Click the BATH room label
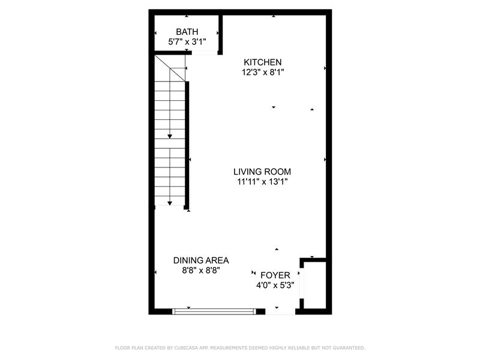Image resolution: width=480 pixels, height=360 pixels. [x=187, y=32]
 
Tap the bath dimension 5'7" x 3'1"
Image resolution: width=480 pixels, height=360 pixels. [x=187, y=42]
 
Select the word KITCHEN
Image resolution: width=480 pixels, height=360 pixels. [x=263, y=62]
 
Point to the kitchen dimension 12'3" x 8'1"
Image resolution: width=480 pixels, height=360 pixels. [x=263, y=73]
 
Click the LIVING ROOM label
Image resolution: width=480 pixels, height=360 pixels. [x=262, y=172]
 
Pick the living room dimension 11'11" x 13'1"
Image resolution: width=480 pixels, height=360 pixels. [x=262, y=182]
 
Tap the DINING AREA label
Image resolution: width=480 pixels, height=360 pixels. [x=201, y=260]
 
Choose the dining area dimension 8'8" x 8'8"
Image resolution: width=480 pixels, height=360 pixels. [x=201, y=271]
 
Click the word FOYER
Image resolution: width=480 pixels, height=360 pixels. [x=275, y=275]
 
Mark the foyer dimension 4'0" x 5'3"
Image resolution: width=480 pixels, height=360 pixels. [x=275, y=286]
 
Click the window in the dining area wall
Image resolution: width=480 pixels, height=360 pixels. [x=214, y=311]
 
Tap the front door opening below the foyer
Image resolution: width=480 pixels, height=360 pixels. [x=280, y=311]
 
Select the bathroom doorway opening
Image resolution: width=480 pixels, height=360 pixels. [x=205, y=53]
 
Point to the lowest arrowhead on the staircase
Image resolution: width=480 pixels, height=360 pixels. [x=170, y=203]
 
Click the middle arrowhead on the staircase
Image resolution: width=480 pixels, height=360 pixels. [x=170, y=137]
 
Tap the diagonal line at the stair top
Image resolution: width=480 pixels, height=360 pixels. [x=170, y=68]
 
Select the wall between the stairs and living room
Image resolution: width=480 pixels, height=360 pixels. [x=187, y=145]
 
